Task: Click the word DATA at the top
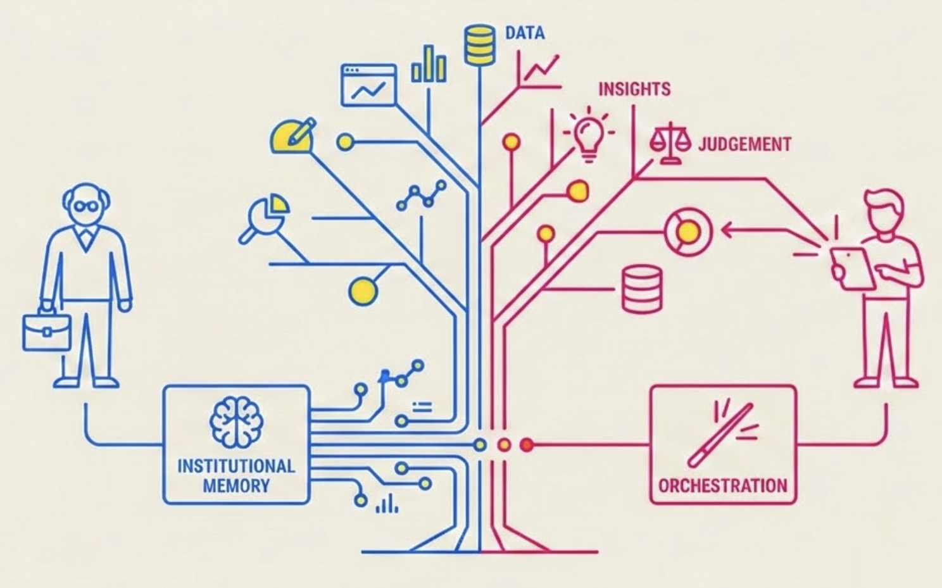pyautogui.click(x=524, y=33)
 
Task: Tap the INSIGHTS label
pyautogui.click(x=634, y=89)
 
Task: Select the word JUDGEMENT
pyautogui.click(x=744, y=144)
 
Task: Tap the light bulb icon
pyautogui.click(x=589, y=134)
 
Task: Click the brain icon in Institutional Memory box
pyautogui.click(x=236, y=422)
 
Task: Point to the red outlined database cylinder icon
pyautogui.click(x=642, y=289)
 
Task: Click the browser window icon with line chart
pyautogui.click(x=368, y=85)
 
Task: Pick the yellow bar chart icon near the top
pyautogui.click(x=429, y=65)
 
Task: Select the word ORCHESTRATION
pyautogui.click(x=723, y=485)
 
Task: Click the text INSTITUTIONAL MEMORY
pyautogui.click(x=236, y=475)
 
